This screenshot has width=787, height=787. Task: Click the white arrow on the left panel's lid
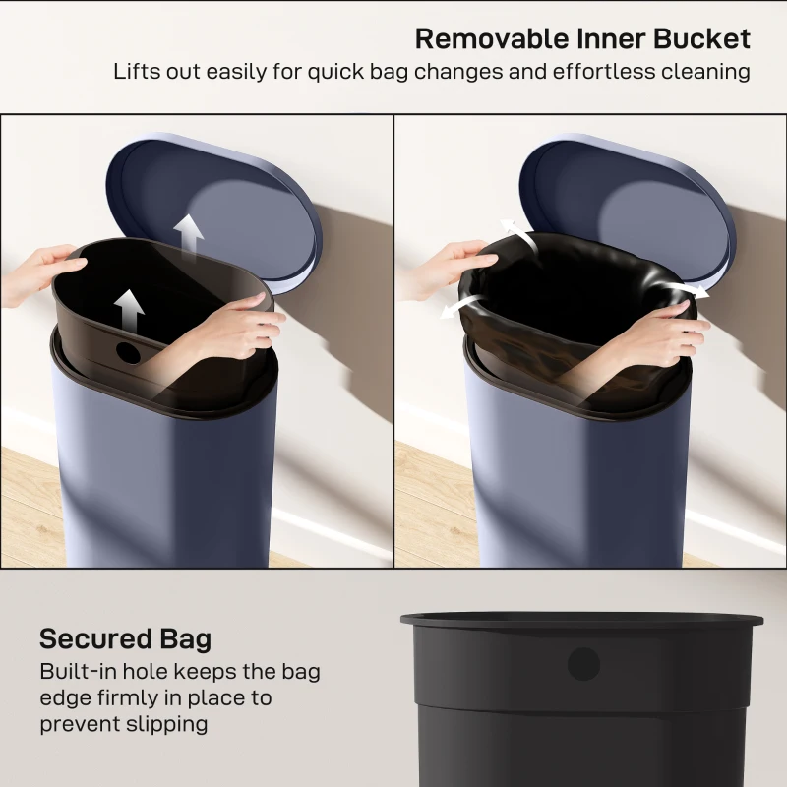tap(189, 233)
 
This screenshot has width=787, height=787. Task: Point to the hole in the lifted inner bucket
tap(127, 349)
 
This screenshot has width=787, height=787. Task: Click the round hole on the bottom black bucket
tap(582, 663)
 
